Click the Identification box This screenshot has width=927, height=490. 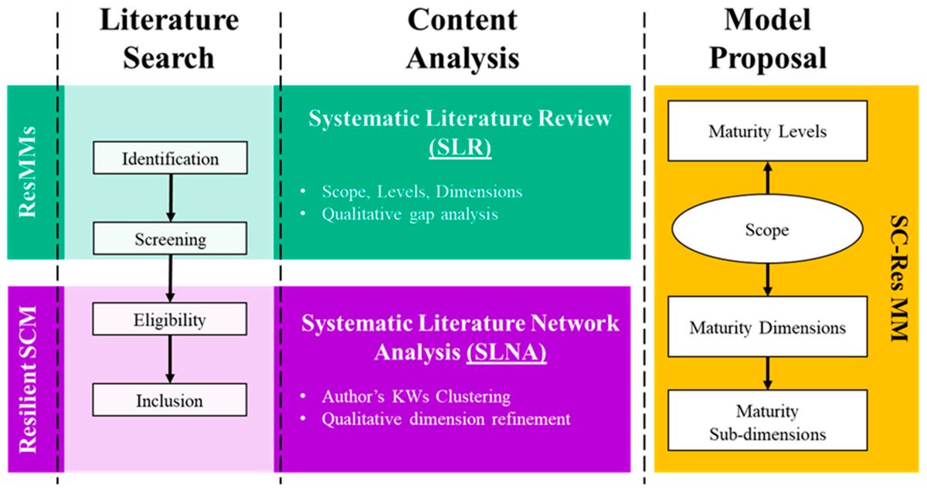(170, 159)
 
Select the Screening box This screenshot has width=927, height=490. (170, 239)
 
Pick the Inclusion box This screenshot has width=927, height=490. (170, 400)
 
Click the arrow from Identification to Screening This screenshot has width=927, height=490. (170, 199)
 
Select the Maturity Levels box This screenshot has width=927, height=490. (766, 131)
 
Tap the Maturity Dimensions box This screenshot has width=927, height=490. (766, 328)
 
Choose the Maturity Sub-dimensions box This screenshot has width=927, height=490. (766, 421)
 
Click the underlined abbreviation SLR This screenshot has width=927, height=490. (461, 148)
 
